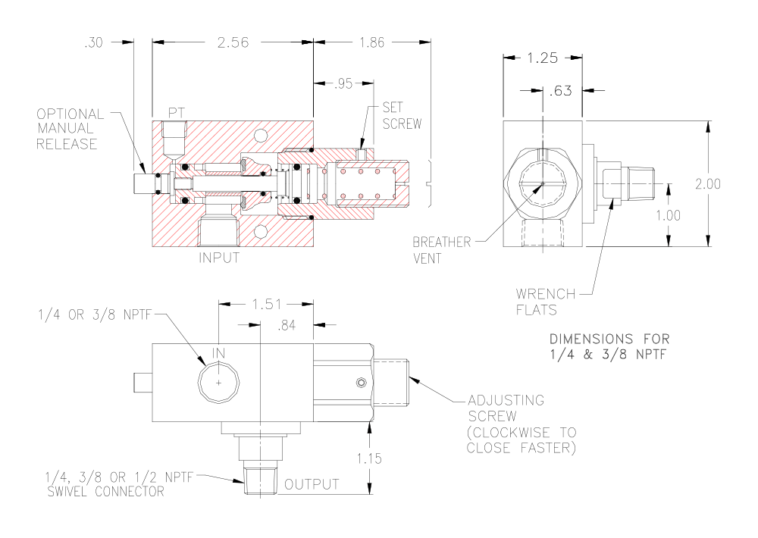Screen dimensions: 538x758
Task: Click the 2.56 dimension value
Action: (233, 43)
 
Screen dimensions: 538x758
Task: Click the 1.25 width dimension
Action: (543, 58)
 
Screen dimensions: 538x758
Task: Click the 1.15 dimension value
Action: (370, 457)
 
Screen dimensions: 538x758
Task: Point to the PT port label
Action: (176, 111)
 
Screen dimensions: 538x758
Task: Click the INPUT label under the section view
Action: (219, 258)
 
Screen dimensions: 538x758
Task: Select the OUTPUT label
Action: (312, 484)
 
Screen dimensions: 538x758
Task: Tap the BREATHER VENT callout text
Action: (441, 249)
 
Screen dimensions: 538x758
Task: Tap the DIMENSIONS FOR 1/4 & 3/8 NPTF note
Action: (609, 345)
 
